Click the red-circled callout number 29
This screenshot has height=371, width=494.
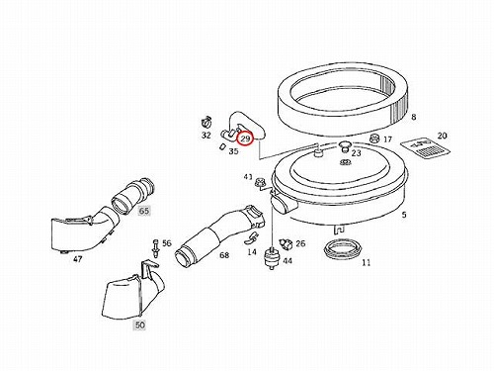245,138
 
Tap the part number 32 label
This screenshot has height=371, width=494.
206,136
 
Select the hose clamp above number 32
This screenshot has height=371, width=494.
206,123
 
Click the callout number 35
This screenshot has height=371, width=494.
233,151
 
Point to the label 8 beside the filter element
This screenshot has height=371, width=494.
414,117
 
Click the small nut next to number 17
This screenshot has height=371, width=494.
374,138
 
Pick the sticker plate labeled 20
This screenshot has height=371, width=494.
425,147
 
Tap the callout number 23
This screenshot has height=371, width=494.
357,153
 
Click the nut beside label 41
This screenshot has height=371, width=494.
259,183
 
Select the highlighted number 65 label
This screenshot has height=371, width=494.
144,211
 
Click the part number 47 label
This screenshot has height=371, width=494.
77,259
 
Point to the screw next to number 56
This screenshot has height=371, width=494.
155,248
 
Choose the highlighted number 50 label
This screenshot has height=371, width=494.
140,325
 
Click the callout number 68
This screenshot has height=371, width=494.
224,255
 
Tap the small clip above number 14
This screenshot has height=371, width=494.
251,238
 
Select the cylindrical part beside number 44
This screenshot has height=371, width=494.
272,257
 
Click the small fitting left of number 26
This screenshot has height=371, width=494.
286,244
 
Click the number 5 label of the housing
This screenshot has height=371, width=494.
404,215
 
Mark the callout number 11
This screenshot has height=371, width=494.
366,263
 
